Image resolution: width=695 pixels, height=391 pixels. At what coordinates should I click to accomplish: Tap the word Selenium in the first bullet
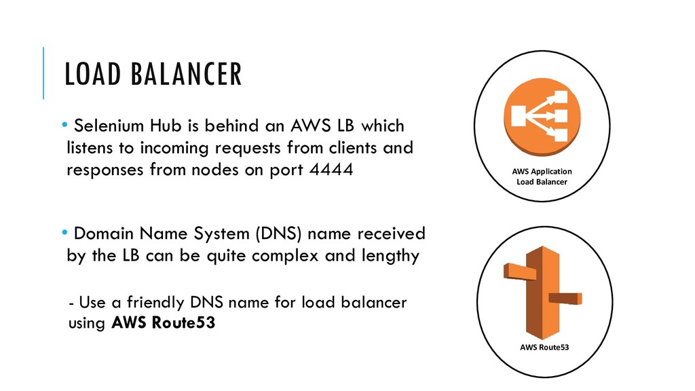coord(106,126)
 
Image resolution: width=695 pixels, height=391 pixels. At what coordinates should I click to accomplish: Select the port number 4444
coord(330,170)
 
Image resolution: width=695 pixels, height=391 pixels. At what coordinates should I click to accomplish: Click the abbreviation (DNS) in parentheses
coord(282,234)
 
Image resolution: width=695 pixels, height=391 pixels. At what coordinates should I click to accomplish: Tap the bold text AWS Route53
coord(162,323)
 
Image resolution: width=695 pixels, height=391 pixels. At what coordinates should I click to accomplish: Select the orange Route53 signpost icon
coord(543,291)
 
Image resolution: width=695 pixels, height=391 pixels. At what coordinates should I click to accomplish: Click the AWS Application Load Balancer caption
coord(541,176)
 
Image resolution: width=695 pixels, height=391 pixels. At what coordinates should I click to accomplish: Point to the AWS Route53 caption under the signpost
coord(544,347)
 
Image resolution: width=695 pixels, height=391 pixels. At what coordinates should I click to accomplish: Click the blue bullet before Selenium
coord(64,125)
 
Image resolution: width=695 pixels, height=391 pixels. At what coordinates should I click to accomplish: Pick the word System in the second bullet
coord(221,234)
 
